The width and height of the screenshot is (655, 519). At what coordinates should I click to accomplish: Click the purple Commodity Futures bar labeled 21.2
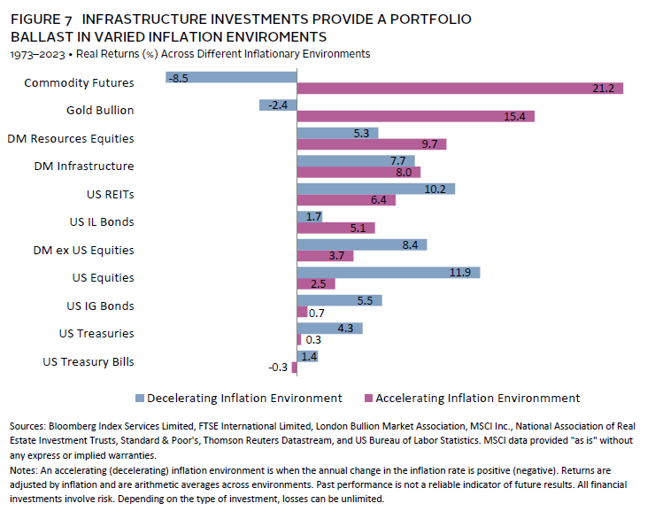pos(460,89)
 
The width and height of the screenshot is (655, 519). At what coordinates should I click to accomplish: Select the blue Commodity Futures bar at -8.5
pos(232,78)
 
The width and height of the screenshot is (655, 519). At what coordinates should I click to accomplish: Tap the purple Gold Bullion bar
pos(416,116)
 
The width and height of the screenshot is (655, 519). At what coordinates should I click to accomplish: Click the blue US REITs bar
pos(375,189)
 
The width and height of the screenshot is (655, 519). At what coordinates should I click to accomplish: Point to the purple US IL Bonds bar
pos(335,228)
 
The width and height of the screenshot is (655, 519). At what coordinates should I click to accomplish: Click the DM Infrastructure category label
pos(84,167)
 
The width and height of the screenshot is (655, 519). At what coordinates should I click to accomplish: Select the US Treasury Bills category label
pos(89,361)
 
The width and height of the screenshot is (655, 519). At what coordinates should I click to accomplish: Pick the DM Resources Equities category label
pos(71,139)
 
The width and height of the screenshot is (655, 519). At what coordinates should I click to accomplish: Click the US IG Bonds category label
pos(101,306)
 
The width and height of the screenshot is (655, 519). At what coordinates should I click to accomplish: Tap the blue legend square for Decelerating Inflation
pos(139,399)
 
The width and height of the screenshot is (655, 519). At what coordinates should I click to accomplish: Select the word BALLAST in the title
pos(40,37)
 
